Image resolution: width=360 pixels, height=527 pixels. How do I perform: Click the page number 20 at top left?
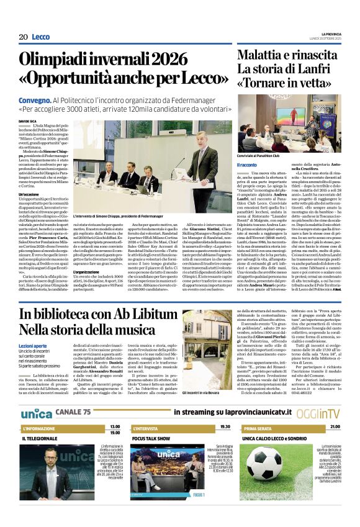tap(24, 37)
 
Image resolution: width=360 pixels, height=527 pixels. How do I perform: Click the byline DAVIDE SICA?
tap(29, 122)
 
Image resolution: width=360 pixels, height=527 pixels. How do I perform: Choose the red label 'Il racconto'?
tap(246, 164)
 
